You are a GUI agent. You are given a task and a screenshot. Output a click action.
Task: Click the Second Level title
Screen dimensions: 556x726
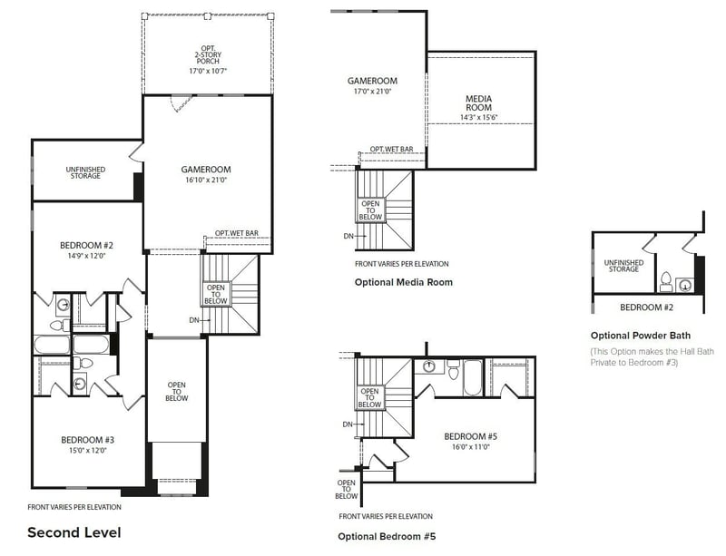(74, 532)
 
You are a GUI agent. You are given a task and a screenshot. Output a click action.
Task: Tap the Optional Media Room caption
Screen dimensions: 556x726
(403, 282)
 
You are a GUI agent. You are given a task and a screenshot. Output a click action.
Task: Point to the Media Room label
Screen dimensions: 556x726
(478, 102)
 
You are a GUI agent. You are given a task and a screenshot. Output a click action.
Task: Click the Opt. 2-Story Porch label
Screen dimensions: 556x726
(207, 59)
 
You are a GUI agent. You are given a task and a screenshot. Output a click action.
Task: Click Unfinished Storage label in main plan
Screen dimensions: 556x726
(83, 171)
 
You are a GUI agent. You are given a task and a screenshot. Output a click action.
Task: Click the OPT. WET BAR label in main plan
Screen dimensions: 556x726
(237, 234)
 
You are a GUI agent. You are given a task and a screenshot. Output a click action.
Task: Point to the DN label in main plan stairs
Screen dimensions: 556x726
(193, 319)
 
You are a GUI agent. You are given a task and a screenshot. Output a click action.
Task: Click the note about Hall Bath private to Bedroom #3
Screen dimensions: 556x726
(648, 356)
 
